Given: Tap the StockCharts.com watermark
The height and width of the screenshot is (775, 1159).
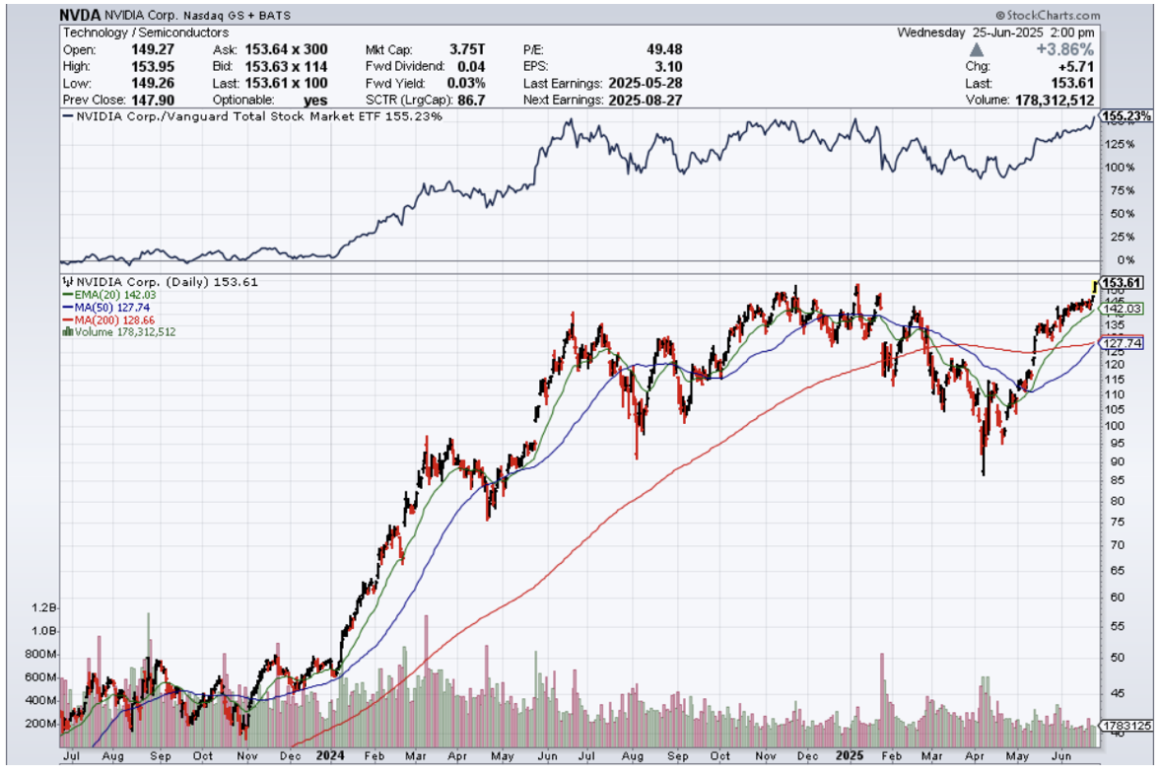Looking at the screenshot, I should point(1048,16).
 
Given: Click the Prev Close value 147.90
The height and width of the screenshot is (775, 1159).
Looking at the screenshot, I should point(150,100).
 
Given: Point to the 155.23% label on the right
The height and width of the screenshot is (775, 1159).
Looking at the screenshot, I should point(1126,116).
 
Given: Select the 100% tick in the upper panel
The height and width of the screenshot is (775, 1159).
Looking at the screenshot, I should point(1114,167).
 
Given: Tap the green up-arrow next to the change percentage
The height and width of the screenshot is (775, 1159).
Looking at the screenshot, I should point(978,49).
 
